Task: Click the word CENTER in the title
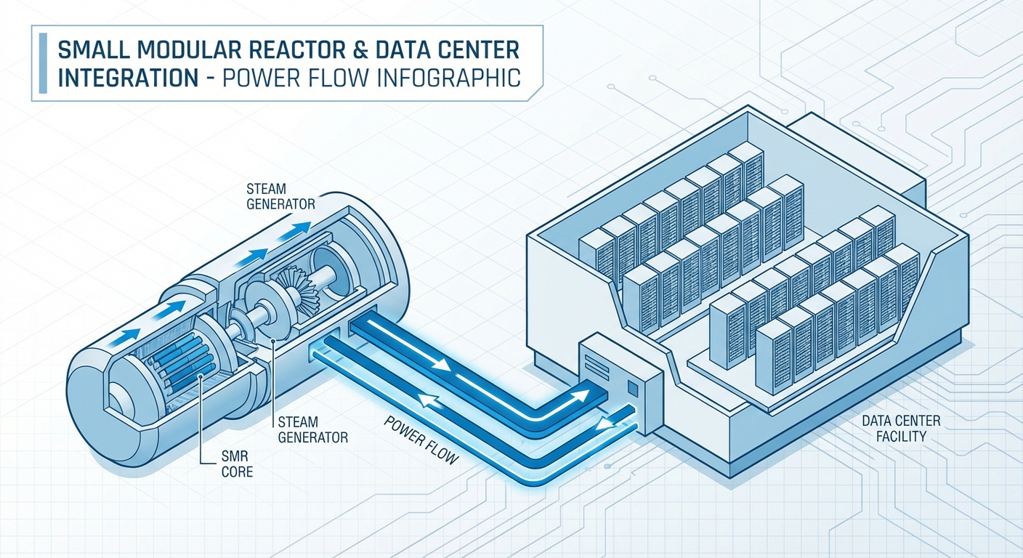click(x=474, y=51)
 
